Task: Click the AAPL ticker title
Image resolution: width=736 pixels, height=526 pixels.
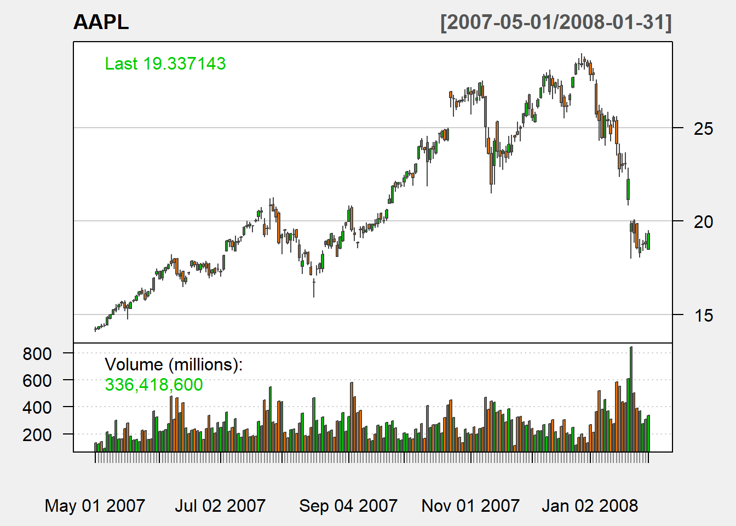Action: (x=101, y=22)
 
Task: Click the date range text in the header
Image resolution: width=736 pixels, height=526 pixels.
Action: (x=556, y=22)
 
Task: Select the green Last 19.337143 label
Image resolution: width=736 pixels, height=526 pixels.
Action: (x=165, y=64)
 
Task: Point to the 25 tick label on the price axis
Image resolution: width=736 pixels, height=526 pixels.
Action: (x=703, y=129)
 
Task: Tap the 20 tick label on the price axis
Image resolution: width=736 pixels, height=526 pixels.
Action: (x=703, y=222)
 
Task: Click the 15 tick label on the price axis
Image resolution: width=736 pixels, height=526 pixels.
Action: (x=703, y=316)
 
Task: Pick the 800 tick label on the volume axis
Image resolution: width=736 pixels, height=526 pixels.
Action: (x=37, y=354)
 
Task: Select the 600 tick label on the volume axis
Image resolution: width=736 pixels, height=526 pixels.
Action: (x=37, y=381)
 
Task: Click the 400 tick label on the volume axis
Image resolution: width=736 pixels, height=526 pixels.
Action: (x=37, y=408)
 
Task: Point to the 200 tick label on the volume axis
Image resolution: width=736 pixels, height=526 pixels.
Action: (x=37, y=435)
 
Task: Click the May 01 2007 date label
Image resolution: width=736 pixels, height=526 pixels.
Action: (x=95, y=505)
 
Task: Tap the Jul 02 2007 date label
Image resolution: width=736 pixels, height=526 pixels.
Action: (x=220, y=505)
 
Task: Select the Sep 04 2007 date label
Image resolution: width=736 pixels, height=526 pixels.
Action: (x=348, y=505)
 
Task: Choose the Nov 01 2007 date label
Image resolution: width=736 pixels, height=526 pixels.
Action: (x=470, y=505)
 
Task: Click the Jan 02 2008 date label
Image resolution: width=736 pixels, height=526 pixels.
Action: (x=590, y=505)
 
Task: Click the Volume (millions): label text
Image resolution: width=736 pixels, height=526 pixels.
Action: (x=174, y=364)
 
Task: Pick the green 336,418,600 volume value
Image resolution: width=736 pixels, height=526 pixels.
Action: (x=154, y=385)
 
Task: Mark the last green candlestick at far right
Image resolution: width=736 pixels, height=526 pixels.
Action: (x=648, y=241)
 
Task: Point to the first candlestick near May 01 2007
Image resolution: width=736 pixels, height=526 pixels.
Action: (x=95, y=329)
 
